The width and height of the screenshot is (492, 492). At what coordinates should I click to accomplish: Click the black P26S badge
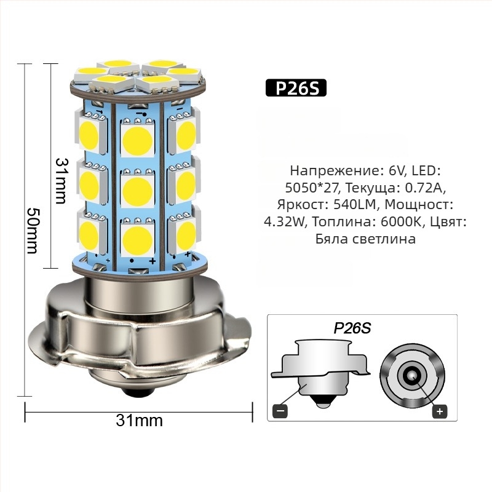296,89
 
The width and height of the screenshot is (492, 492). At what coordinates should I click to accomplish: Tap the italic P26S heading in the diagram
352,327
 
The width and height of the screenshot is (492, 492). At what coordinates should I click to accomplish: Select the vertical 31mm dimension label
61,180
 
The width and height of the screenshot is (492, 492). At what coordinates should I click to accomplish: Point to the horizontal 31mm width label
139,421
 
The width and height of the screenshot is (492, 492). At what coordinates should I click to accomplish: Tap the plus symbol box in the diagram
440,411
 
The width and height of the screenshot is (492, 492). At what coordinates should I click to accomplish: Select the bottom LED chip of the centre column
137,239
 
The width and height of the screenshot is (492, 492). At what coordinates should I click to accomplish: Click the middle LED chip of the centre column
137,190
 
